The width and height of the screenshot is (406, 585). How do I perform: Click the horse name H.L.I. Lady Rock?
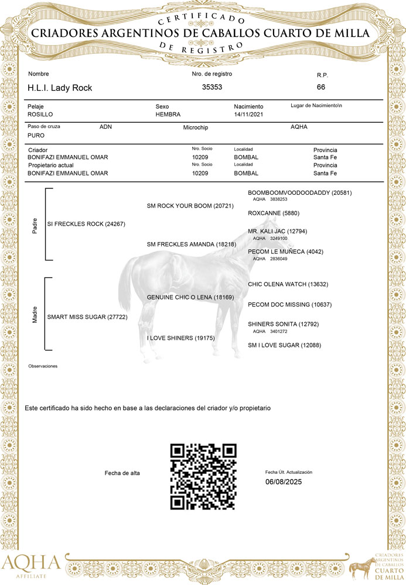point(60,88)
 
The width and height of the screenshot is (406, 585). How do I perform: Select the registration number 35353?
point(212,87)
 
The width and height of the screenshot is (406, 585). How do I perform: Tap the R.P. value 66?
point(321,87)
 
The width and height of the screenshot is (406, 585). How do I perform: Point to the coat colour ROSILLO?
point(40,115)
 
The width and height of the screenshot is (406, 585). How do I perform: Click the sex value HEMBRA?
point(168,115)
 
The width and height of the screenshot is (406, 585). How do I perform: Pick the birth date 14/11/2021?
point(250,115)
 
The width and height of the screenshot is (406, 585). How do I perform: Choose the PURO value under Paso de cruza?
point(36,135)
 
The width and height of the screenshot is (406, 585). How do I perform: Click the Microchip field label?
point(196,127)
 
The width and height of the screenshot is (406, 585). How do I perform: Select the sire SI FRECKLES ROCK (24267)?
point(86,224)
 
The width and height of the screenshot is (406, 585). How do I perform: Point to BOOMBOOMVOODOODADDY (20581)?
point(300,192)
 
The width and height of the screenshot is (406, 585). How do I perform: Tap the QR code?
point(203,477)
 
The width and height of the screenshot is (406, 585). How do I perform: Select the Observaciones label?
point(43,366)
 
